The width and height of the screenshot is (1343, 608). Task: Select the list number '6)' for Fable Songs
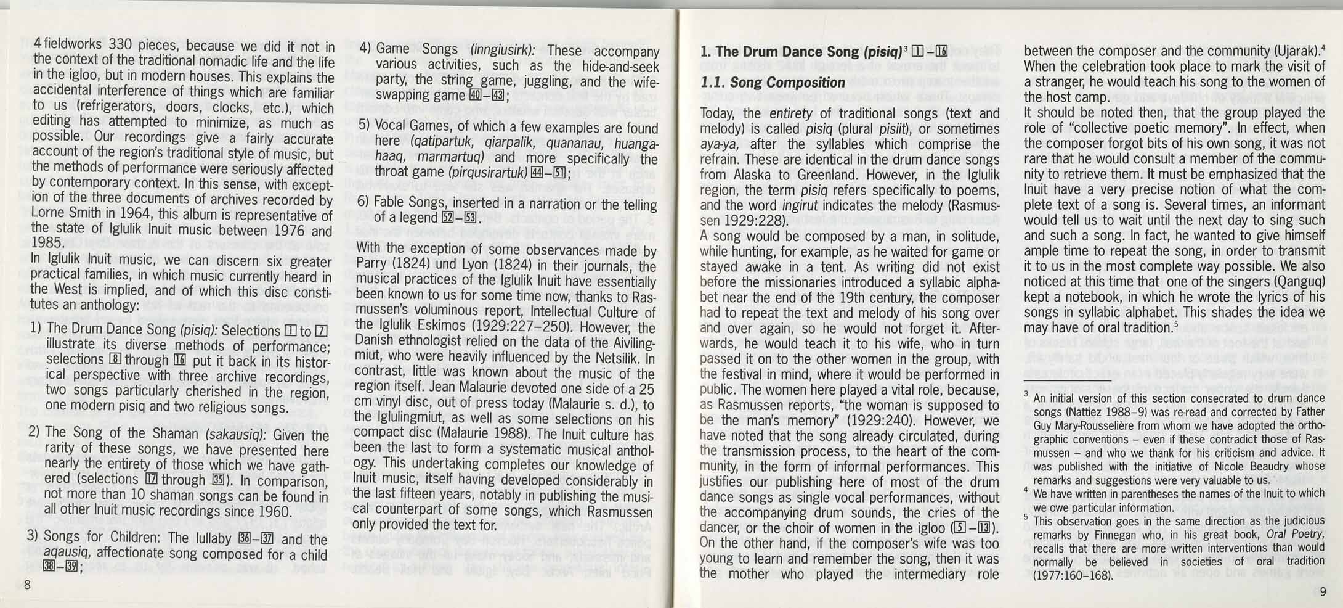click(363, 203)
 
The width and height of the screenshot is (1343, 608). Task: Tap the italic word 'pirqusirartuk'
click(487, 173)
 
